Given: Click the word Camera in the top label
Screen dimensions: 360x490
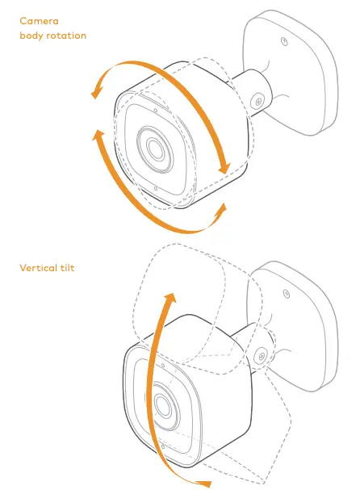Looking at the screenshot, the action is [x=39, y=21].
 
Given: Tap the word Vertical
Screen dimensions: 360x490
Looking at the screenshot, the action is [x=37, y=268].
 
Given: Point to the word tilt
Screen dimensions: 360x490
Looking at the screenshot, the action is [x=67, y=268].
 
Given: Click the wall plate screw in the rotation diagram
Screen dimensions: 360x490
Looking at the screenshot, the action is [x=284, y=41].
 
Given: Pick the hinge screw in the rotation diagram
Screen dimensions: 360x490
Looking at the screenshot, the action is [x=258, y=101].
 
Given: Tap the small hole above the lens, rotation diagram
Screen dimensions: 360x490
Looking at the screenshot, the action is [x=156, y=111].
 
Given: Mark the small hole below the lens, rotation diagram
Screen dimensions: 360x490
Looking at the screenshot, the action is [x=156, y=188].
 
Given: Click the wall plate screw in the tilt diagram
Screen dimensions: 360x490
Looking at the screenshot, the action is [x=287, y=294].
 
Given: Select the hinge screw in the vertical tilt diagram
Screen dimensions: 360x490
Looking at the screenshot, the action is [x=262, y=356].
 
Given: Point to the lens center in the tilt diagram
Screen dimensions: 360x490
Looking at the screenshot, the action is [x=162, y=405].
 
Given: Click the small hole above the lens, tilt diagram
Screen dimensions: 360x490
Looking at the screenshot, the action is [x=163, y=366].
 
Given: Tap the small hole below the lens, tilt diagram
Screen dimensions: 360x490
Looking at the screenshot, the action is [x=163, y=447].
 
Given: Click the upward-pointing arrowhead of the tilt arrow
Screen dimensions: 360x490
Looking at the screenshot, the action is [x=170, y=299].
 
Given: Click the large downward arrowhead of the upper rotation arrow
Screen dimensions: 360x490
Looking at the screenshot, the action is [x=224, y=169].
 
